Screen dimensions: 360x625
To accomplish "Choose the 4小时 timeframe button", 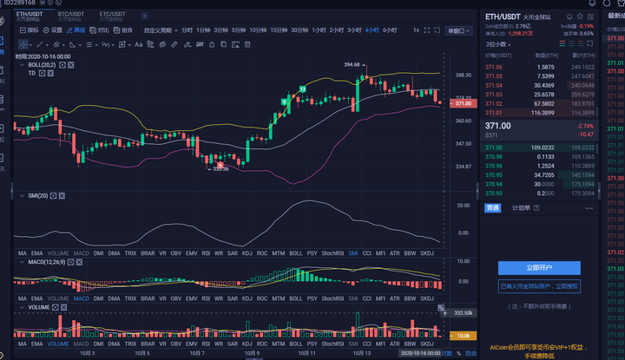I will pos(372,30).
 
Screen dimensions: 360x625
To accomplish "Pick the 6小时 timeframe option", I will pos(390,30).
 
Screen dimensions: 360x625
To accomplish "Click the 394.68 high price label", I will pos(352,65).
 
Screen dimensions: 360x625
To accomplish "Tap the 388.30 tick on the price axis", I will pos(463,75).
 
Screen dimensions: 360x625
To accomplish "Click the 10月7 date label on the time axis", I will pos(197,353).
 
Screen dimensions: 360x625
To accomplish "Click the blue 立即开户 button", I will pos(539,268).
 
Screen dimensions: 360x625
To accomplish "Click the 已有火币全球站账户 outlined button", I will pos(539,285).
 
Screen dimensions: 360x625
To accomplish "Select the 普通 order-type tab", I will pos(492,208).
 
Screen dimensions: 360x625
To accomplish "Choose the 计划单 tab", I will pos(521,208).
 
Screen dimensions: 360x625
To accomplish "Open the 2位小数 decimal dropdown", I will pos(497,43).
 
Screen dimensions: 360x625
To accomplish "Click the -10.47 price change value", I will pos(586,134).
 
